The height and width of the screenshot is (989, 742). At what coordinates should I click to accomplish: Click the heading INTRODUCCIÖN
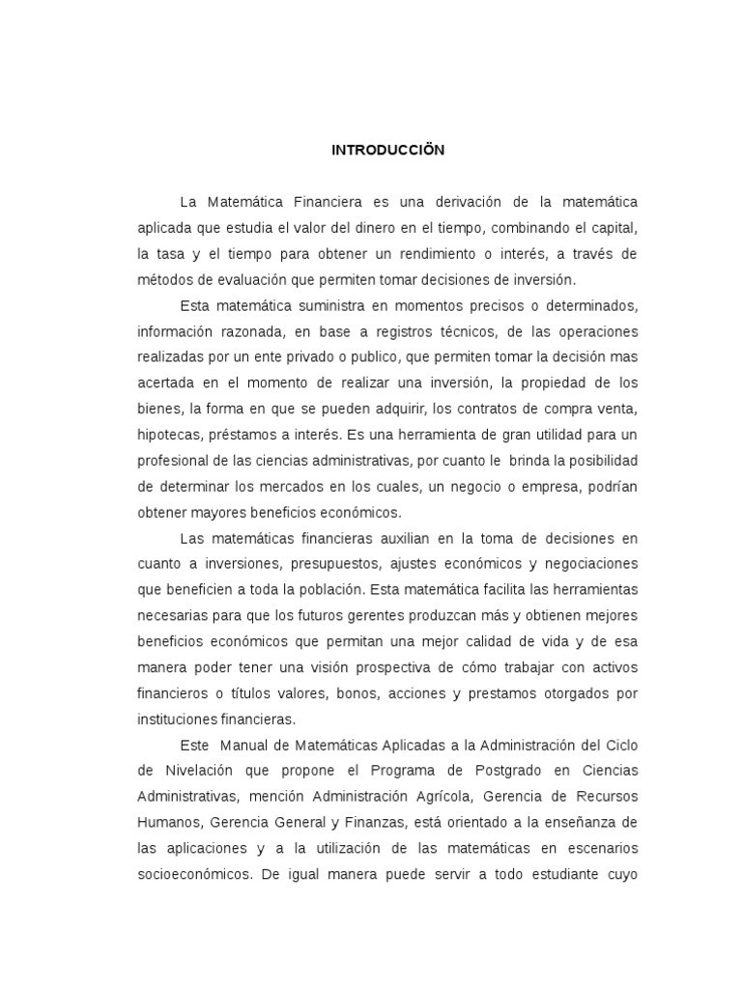click(387, 151)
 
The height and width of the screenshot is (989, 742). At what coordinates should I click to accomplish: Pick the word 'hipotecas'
click(166, 435)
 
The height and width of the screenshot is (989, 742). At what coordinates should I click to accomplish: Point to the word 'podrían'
click(613, 486)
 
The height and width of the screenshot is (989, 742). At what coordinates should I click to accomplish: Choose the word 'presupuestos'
click(315, 563)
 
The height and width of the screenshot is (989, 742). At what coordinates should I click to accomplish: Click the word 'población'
click(347, 589)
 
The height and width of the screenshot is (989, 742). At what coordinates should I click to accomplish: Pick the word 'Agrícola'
click(462, 796)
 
